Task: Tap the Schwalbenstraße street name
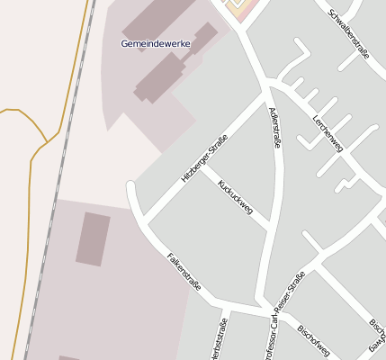click(x=349, y=32)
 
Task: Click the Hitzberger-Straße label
click(x=204, y=158)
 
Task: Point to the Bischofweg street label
click(x=314, y=339)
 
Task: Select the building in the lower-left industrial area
click(x=93, y=238)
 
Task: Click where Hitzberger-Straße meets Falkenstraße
click(x=144, y=221)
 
